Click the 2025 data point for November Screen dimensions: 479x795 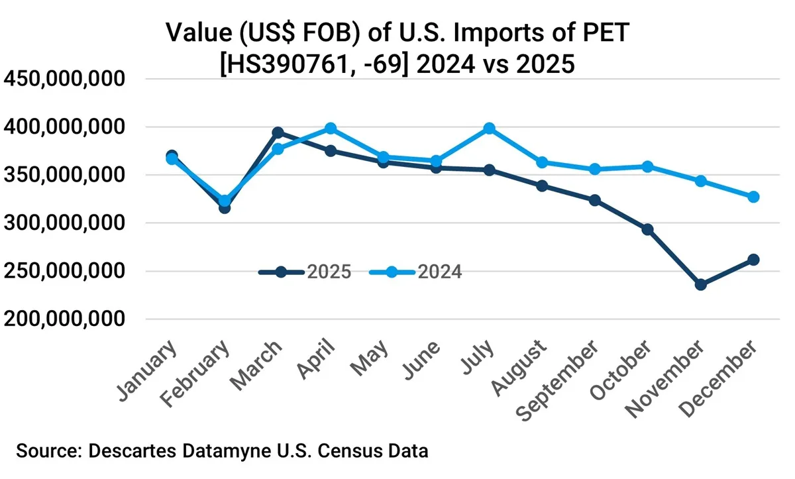[700, 285]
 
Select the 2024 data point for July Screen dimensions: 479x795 [489, 129]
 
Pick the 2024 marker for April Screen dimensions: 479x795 [331, 129]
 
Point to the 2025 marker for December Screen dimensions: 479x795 [753, 260]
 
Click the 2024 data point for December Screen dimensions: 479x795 [753, 197]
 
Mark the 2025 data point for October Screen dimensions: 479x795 [648, 230]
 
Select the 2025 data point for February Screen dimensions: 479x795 [225, 208]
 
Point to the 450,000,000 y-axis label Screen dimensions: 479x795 [64, 79]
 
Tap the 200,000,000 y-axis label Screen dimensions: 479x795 [64, 319]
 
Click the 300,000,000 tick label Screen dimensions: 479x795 [64, 223]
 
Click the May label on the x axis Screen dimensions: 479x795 [370, 360]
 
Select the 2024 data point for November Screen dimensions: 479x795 [700, 181]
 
